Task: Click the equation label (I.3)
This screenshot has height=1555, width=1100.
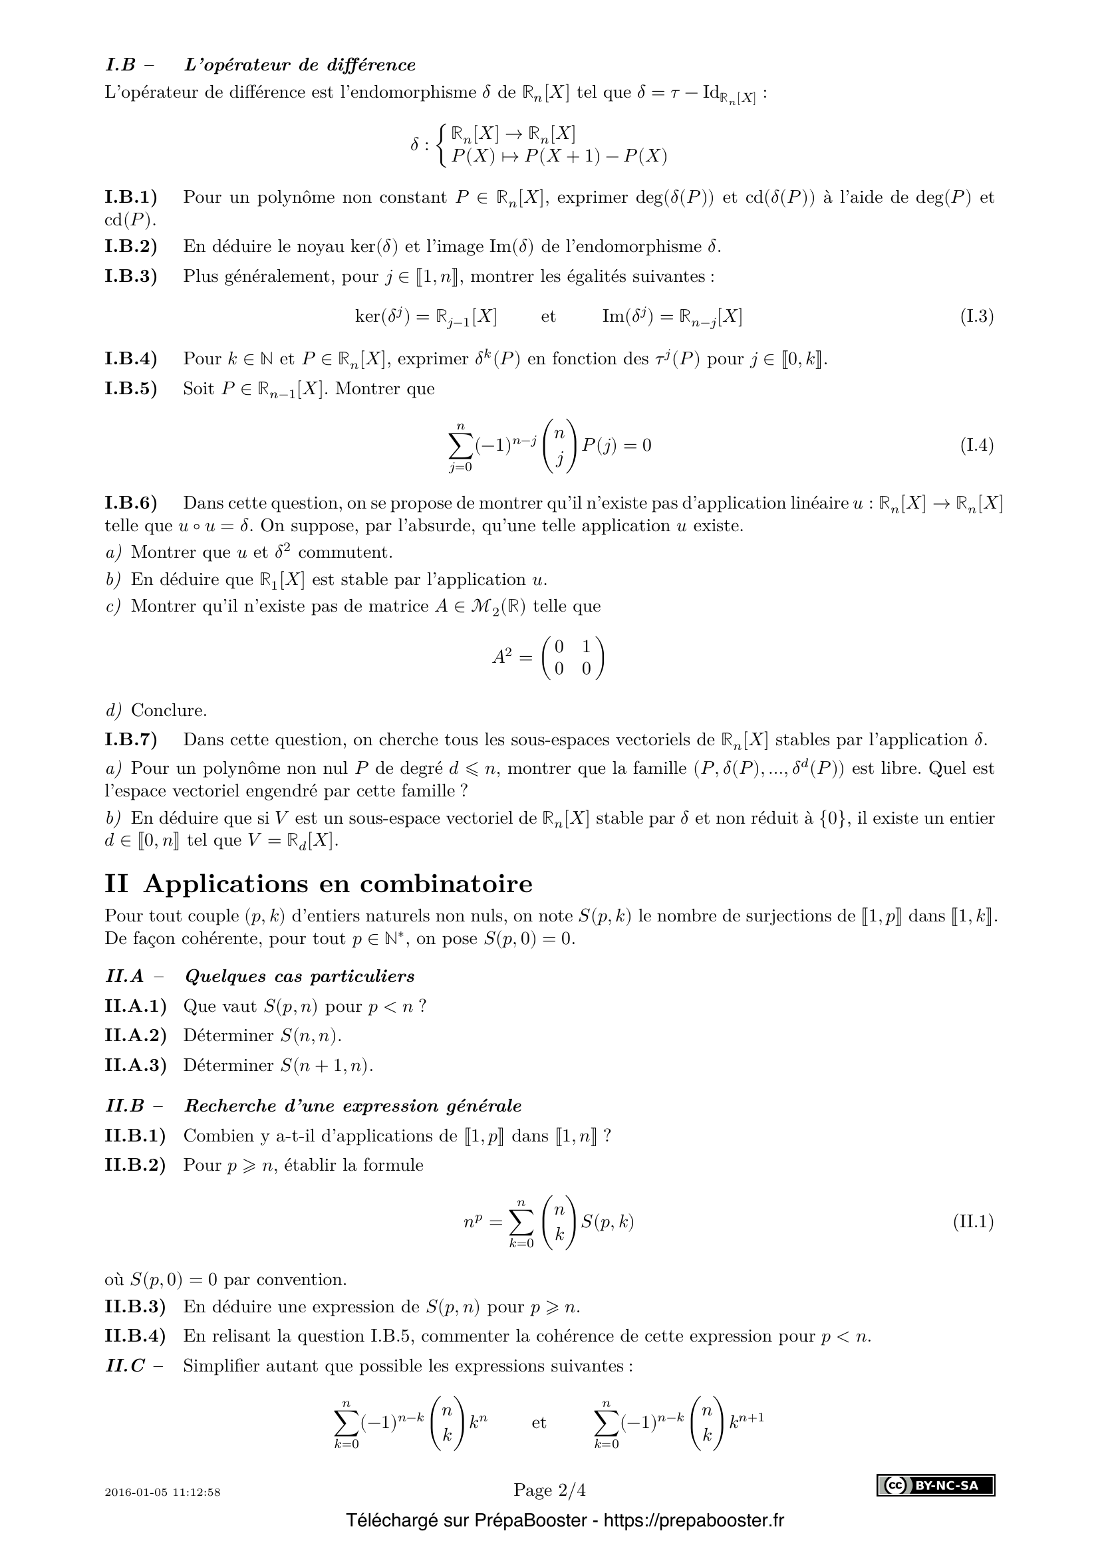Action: (x=976, y=316)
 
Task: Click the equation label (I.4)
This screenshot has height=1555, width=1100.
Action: (x=976, y=445)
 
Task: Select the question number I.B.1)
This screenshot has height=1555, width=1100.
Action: (x=131, y=197)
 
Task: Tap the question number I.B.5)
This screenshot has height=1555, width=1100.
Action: (x=131, y=389)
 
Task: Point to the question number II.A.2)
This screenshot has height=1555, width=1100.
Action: (x=136, y=1036)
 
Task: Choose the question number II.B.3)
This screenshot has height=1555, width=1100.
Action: (x=135, y=1306)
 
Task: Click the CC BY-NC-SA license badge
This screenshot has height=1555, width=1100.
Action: (x=936, y=1485)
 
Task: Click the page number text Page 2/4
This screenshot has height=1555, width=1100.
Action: (x=549, y=1490)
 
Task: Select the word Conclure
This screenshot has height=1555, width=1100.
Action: (x=169, y=711)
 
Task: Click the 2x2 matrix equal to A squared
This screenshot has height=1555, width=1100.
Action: (x=573, y=657)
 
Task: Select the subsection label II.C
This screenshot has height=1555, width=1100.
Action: (x=126, y=1366)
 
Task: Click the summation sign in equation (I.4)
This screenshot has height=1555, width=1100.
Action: (x=460, y=445)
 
